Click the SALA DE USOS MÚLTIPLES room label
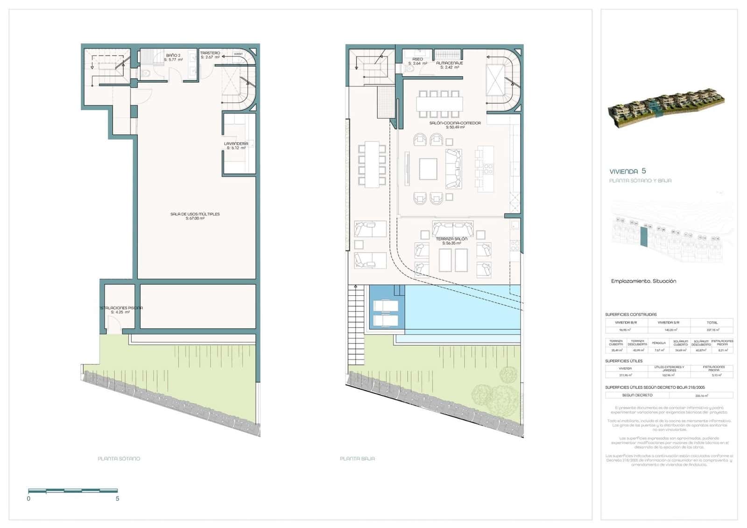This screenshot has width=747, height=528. coord(195,214)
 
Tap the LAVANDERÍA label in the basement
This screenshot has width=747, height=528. coord(236,143)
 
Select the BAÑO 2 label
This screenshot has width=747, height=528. coord(173,56)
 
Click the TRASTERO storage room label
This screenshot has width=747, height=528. coord(210,53)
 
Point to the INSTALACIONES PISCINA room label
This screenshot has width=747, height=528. coord(120,308)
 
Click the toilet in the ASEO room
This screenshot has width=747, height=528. coord(410,68)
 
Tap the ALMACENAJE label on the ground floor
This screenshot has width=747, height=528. coord(449,63)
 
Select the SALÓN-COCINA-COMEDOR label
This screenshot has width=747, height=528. coord(448,123)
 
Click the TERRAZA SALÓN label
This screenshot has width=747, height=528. coord(451,239)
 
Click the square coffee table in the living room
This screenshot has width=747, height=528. coord(428,169)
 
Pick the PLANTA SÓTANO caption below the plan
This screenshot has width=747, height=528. coord(119,458)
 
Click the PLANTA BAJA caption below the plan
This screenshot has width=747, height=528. coord(357,458)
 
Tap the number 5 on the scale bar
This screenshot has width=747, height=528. coord(117,499)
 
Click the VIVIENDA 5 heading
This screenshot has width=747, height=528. coord(627,171)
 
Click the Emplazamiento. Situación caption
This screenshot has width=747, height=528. coord(643,281)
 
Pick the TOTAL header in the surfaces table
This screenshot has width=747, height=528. coord(712,322)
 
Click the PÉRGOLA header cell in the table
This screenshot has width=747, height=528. coord(658,343)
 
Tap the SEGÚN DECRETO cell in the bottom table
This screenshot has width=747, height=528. coord(637,395)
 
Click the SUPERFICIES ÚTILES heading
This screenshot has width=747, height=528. coord(624,361)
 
